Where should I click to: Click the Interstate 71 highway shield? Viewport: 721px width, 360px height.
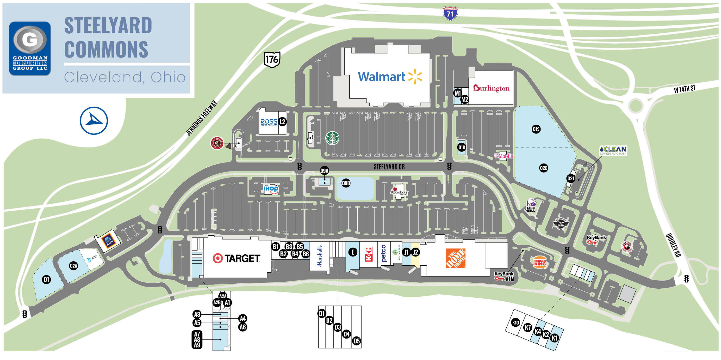[450, 13]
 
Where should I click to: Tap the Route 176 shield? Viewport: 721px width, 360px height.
[272, 59]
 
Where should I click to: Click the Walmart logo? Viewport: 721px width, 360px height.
[390, 77]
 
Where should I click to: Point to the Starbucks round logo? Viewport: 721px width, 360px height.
[332, 138]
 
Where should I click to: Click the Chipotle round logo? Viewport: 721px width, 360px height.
[217, 143]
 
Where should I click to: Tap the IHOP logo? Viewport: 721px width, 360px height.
[271, 189]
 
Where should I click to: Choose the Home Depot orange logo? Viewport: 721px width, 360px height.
[455, 258]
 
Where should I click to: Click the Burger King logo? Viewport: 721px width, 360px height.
[539, 263]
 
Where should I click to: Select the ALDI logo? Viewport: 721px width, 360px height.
[108, 241]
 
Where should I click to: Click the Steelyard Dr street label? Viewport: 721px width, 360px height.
[389, 167]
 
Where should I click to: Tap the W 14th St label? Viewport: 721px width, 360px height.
[684, 89]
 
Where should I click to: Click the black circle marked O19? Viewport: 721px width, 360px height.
[536, 129]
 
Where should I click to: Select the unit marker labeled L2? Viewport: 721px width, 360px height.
[282, 122]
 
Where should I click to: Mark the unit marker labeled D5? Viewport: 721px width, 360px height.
[356, 341]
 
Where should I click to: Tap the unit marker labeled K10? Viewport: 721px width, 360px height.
[515, 323]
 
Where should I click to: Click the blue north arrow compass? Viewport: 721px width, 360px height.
[94, 121]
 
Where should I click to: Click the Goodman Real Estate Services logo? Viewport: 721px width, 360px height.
[30, 48]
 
